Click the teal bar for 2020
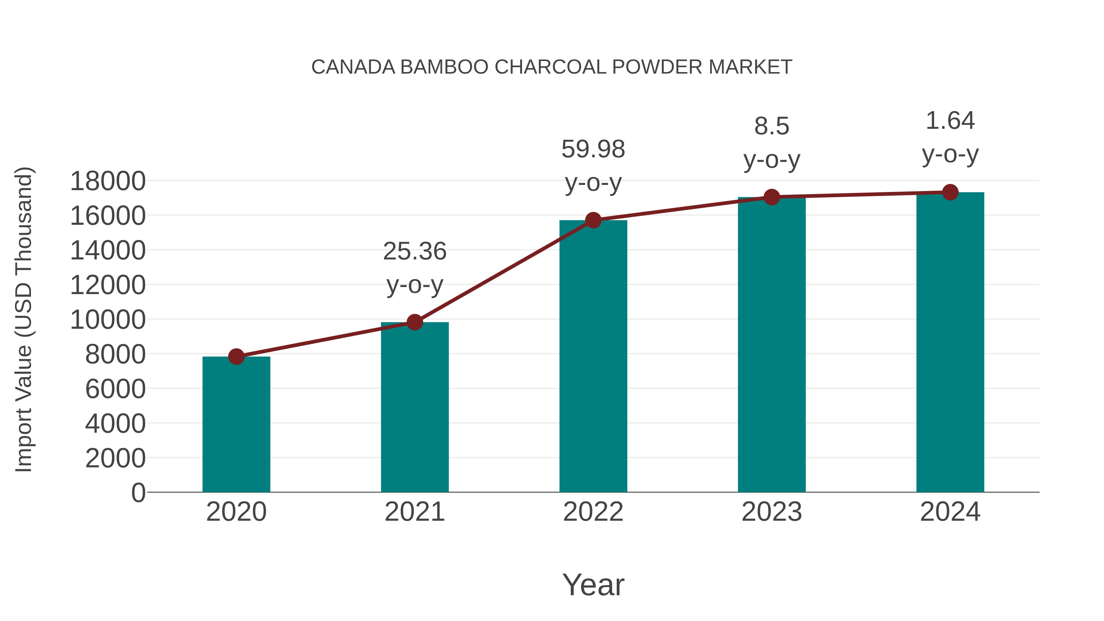236,424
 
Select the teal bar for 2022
593,356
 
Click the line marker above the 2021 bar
414,322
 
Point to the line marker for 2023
772,197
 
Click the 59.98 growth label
593,150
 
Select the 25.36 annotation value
414,251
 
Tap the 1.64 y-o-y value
950,121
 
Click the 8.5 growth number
772,126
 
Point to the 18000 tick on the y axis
108,181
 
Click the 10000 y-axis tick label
108,320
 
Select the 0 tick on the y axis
138,493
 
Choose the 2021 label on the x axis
414,512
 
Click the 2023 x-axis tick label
772,512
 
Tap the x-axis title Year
593,585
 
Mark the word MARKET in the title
750,67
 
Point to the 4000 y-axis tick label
115,424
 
